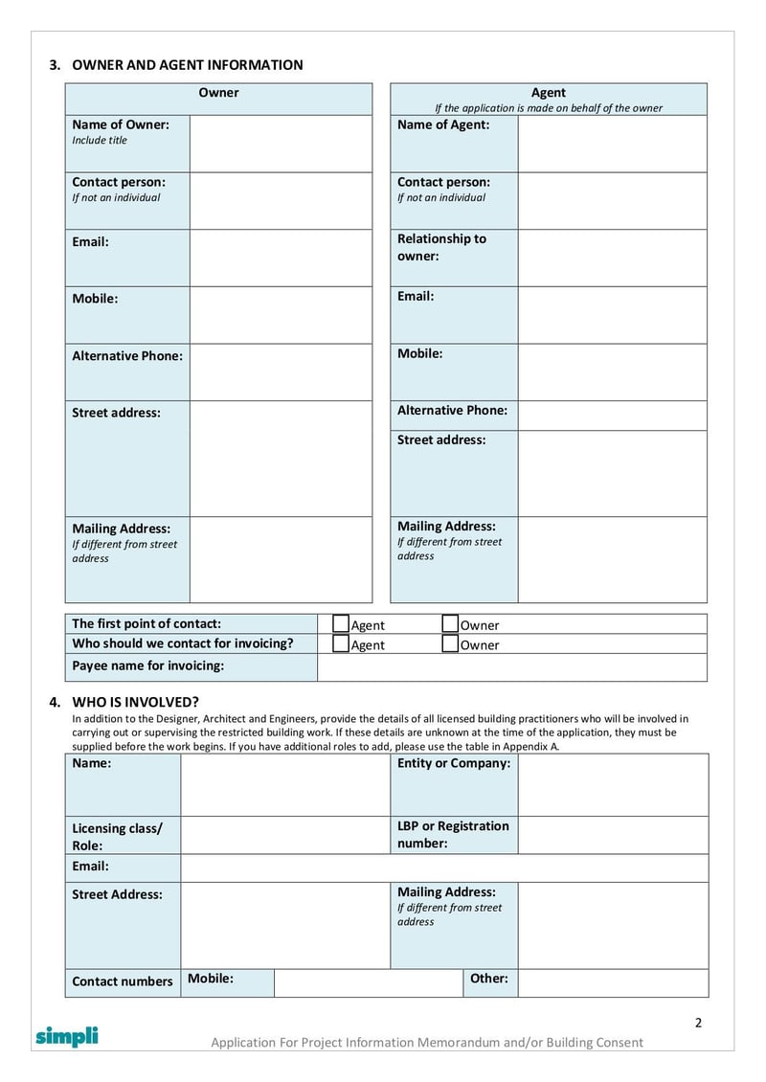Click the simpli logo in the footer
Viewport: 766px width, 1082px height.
[67, 1036]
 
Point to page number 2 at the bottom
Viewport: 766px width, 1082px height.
[698, 1023]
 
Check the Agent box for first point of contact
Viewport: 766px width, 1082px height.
[341, 624]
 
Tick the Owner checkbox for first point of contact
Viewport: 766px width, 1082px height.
[451, 624]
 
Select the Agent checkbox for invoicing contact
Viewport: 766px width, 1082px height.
[341, 644]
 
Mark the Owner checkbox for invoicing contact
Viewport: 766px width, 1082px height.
[451, 644]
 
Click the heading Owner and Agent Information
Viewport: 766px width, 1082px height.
[187, 65]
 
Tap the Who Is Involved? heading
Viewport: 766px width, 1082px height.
[135, 702]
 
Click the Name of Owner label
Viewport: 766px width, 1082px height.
[120, 124]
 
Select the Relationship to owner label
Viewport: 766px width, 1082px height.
[441, 247]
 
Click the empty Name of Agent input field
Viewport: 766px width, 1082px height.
[612, 144]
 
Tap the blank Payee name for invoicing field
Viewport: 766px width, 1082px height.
[511, 666]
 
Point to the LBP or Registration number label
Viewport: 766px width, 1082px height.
[453, 834]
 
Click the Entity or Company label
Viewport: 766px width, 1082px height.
[453, 763]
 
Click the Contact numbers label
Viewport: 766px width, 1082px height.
[122, 981]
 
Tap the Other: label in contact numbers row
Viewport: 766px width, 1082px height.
[488, 979]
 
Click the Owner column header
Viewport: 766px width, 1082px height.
[218, 93]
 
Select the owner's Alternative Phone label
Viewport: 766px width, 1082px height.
[126, 355]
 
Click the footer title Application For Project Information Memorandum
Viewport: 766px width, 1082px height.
[427, 1042]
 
